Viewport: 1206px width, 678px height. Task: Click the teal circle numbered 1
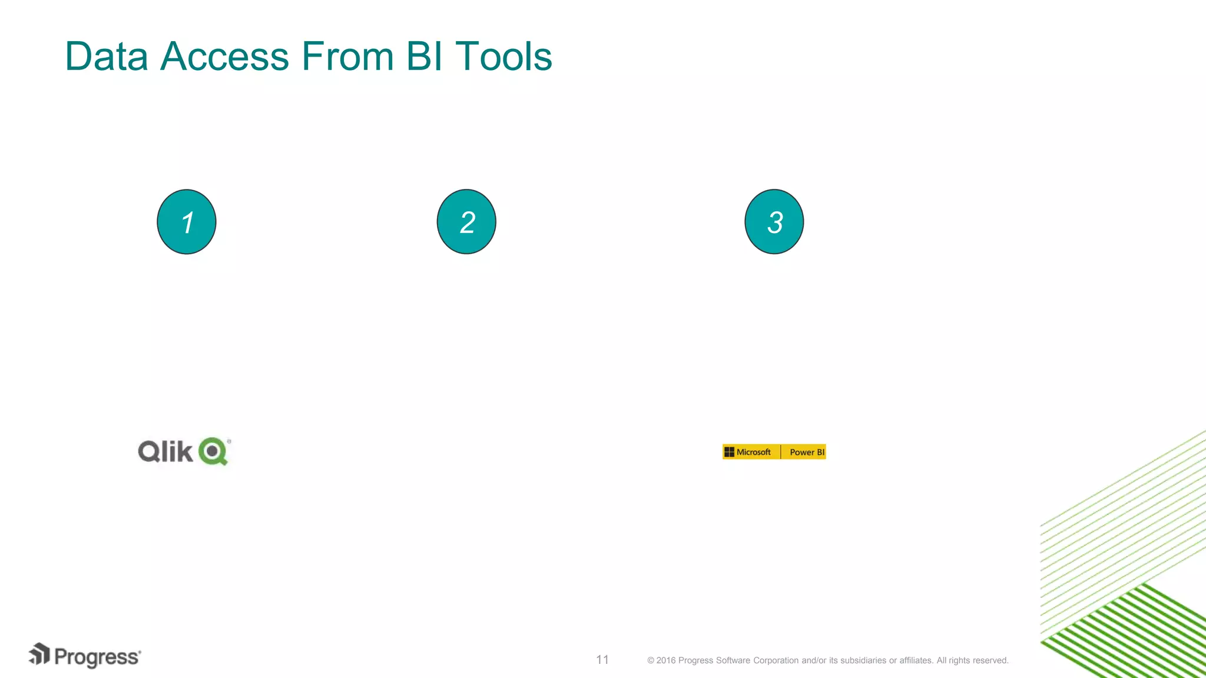(x=187, y=222)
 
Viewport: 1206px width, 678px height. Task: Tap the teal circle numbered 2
(x=466, y=222)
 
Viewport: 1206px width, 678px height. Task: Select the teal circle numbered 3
(x=774, y=222)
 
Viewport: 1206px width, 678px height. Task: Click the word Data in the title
(x=107, y=56)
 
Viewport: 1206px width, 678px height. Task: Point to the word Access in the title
(x=224, y=56)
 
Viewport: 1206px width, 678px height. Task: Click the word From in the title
(x=347, y=56)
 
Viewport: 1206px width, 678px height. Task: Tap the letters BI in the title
(x=424, y=56)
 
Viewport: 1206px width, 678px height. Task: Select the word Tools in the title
(x=503, y=56)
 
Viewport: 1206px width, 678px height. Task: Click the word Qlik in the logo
(x=165, y=451)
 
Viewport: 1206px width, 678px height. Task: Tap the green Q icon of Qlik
(x=213, y=451)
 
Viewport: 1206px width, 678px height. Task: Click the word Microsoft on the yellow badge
(x=753, y=452)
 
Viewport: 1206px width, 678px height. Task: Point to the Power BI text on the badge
(x=807, y=452)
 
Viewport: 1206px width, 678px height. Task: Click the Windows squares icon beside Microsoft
(x=729, y=452)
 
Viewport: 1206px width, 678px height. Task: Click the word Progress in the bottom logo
(x=97, y=657)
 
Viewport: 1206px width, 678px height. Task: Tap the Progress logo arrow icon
(x=39, y=654)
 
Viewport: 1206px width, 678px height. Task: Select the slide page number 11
(x=602, y=660)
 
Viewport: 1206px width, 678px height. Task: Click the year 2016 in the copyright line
(x=666, y=660)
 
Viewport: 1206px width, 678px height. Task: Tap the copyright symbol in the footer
(x=651, y=660)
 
